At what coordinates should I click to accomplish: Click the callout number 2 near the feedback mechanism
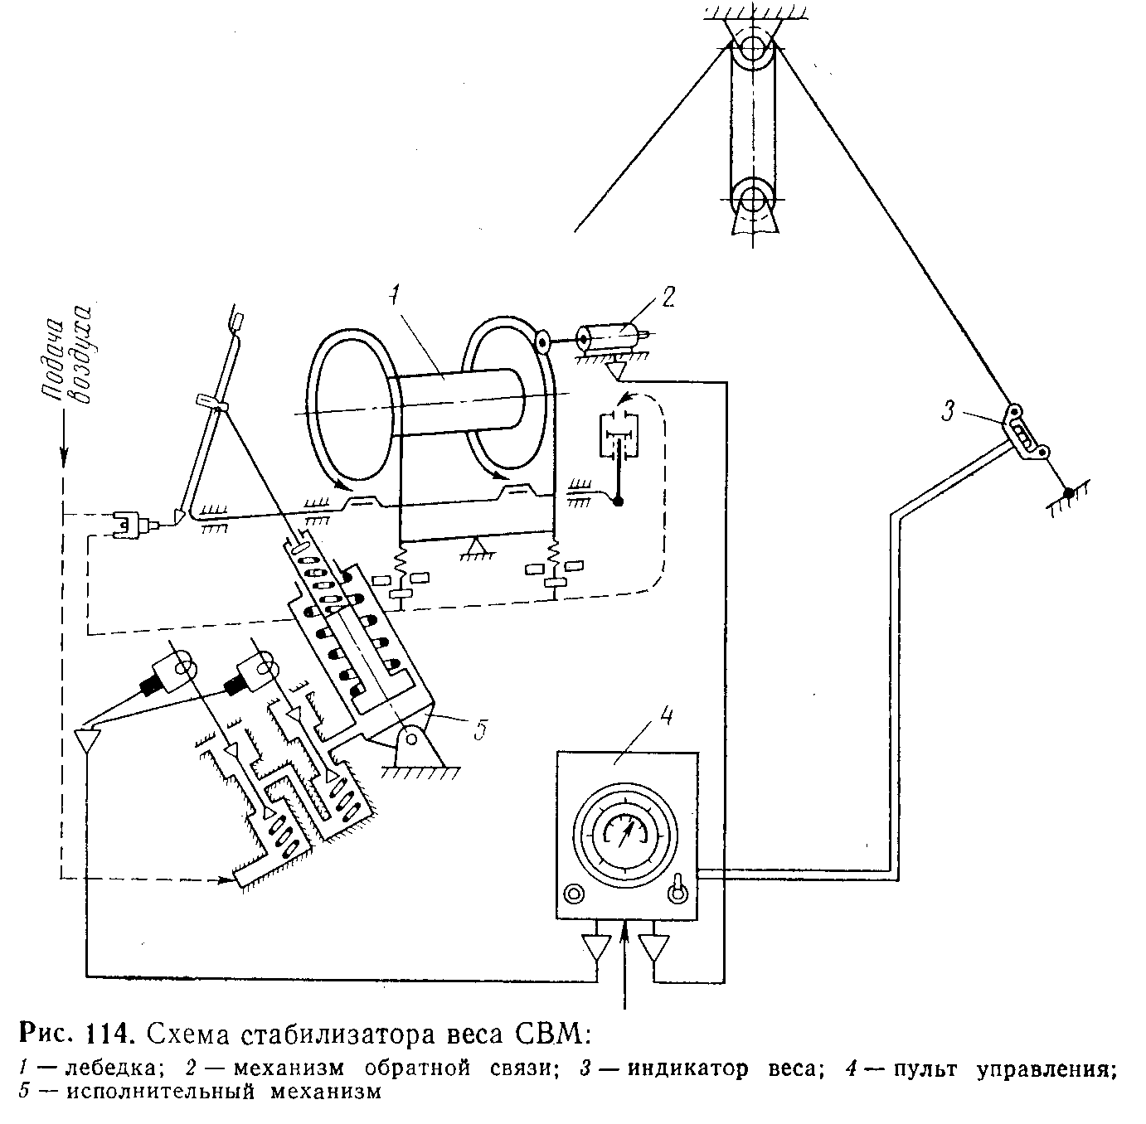668,296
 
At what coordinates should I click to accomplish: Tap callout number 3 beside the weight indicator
950,409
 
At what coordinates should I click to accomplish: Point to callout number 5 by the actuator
479,731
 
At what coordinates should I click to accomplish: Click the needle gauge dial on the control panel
626,831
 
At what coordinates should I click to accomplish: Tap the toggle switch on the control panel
677,889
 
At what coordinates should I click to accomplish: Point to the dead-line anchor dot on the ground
1070,493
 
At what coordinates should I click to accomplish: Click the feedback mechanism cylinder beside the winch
614,338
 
